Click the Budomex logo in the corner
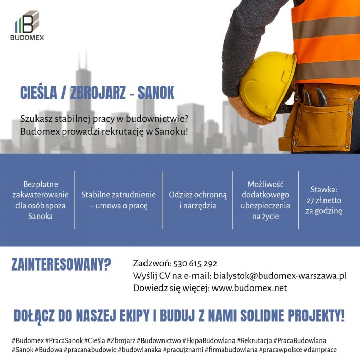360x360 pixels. pos(27,27)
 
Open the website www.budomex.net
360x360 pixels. pos(249,288)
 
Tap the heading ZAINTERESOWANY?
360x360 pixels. pos(61,265)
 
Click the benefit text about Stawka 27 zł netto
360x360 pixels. pos(324,200)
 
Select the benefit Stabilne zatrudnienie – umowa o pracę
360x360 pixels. pos(118,200)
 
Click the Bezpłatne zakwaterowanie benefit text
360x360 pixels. pos(41,200)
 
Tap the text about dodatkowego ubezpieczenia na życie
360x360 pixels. pos(265,200)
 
